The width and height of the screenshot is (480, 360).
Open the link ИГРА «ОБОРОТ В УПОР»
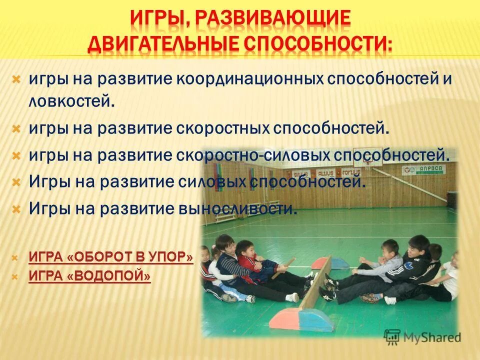(x=111, y=257)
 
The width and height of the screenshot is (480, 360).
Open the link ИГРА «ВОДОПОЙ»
(x=89, y=276)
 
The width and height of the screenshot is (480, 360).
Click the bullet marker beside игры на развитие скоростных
(x=16, y=128)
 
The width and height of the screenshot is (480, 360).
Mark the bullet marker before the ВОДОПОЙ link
(x=15, y=276)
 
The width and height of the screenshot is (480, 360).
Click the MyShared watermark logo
(x=422, y=336)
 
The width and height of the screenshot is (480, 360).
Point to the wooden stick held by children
(x=283, y=268)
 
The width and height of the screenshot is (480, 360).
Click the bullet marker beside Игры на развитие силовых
(x=16, y=181)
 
